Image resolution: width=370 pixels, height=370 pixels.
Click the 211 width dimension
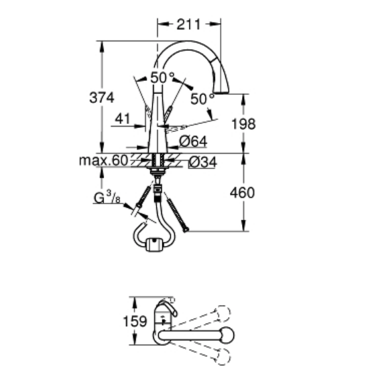click(x=189, y=25)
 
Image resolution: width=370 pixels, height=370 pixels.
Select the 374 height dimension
click(x=101, y=97)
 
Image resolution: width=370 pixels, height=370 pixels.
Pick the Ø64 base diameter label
click(x=194, y=141)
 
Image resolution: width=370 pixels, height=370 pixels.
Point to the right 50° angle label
click(x=202, y=99)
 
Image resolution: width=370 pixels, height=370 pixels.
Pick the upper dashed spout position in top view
click(x=223, y=311)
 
